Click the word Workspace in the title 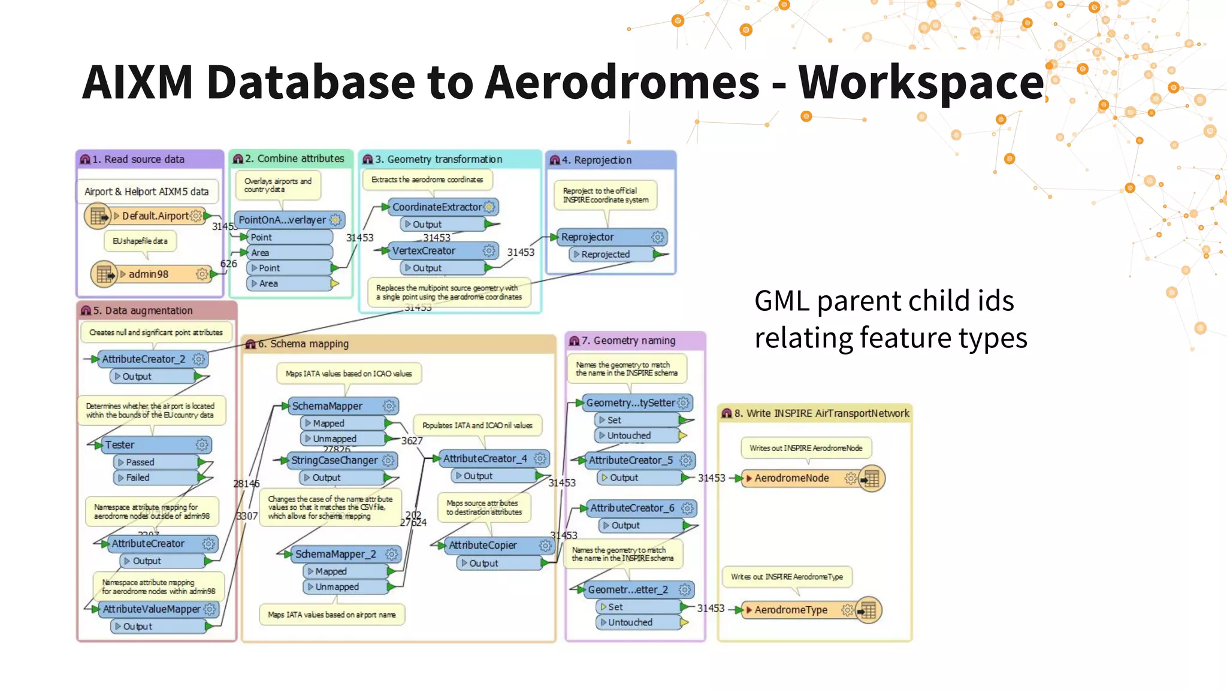pyautogui.click(x=921, y=83)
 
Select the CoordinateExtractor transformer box pyautogui.click(x=437, y=207)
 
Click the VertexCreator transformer pyautogui.click(x=424, y=251)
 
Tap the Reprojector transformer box pyautogui.click(x=588, y=237)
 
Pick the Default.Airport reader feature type pyautogui.click(x=156, y=216)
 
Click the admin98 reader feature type pyautogui.click(x=149, y=274)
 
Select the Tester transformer pyautogui.click(x=120, y=445)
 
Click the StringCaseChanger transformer pyautogui.click(x=334, y=461)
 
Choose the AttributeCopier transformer pyautogui.click(x=483, y=546)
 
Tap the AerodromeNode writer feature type pyautogui.click(x=791, y=479)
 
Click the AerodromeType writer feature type pyautogui.click(x=791, y=610)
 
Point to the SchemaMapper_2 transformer pyautogui.click(x=336, y=555)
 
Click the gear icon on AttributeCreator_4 pyautogui.click(x=540, y=459)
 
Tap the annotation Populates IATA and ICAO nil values pyautogui.click(x=477, y=426)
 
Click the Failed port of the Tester pyautogui.click(x=138, y=478)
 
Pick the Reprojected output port pyautogui.click(x=605, y=255)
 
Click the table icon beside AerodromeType pyautogui.click(x=868, y=610)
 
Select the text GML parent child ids pyautogui.click(x=884, y=301)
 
